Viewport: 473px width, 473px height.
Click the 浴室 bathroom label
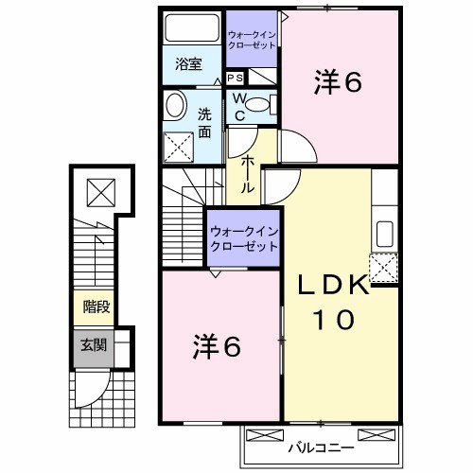(188, 64)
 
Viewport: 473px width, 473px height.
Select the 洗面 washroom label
(204, 122)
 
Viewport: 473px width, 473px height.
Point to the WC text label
(239, 107)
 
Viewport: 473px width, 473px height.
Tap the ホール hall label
(247, 175)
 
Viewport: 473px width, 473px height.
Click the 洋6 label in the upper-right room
(338, 83)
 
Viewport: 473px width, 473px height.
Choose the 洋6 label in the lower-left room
(219, 346)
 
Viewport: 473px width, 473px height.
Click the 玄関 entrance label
(95, 346)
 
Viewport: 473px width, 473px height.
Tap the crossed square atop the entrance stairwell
(99, 194)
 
